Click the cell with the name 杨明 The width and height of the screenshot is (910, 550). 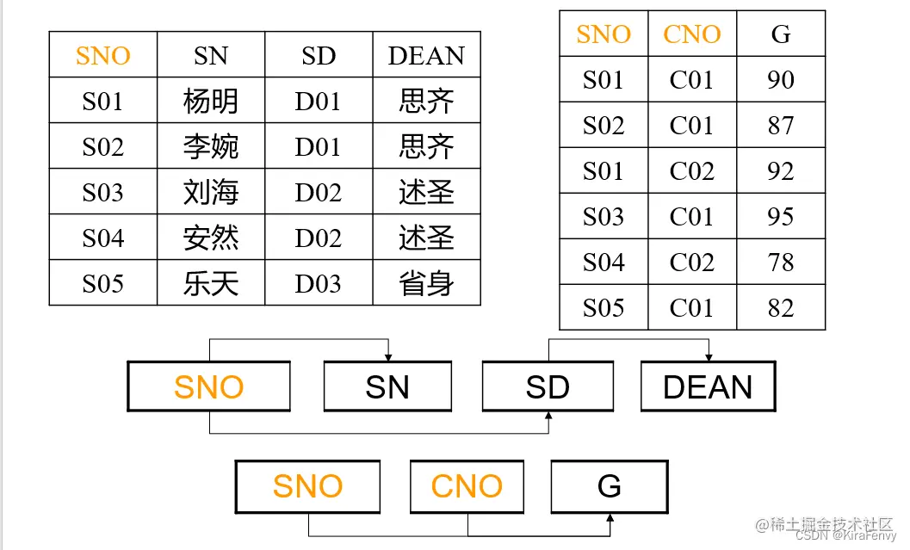[x=211, y=102]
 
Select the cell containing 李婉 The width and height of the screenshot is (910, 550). [x=211, y=147]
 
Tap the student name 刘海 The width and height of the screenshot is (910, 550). [x=211, y=193]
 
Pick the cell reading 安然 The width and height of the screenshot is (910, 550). [x=211, y=238]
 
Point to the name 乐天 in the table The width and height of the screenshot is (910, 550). [x=211, y=284]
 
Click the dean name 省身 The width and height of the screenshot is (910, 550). [x=426, y=284]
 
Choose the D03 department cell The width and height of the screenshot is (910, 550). [x=319, y=284]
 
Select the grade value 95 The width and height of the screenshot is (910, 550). [x=781, y=217]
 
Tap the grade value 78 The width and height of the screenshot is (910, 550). [x=781, y=263]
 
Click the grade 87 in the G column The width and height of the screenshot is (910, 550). [x=781, y=126]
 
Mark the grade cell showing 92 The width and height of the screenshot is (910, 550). [x=781, y=171]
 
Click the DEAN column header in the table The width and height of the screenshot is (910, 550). [x=426, y=56]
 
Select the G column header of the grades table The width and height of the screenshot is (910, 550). [x=781, y=34]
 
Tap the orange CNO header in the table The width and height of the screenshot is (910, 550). [x=692, y=34]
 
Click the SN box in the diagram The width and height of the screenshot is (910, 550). [x=387, y=386]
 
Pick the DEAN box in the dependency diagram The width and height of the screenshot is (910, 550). [x=708, y=386]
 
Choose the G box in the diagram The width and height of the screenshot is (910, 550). [x=610, y=486]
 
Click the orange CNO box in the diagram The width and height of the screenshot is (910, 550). [x=467, y=486]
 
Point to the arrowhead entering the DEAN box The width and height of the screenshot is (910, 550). [x=709, y=356]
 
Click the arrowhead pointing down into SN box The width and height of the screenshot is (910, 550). [x=388, y=356]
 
